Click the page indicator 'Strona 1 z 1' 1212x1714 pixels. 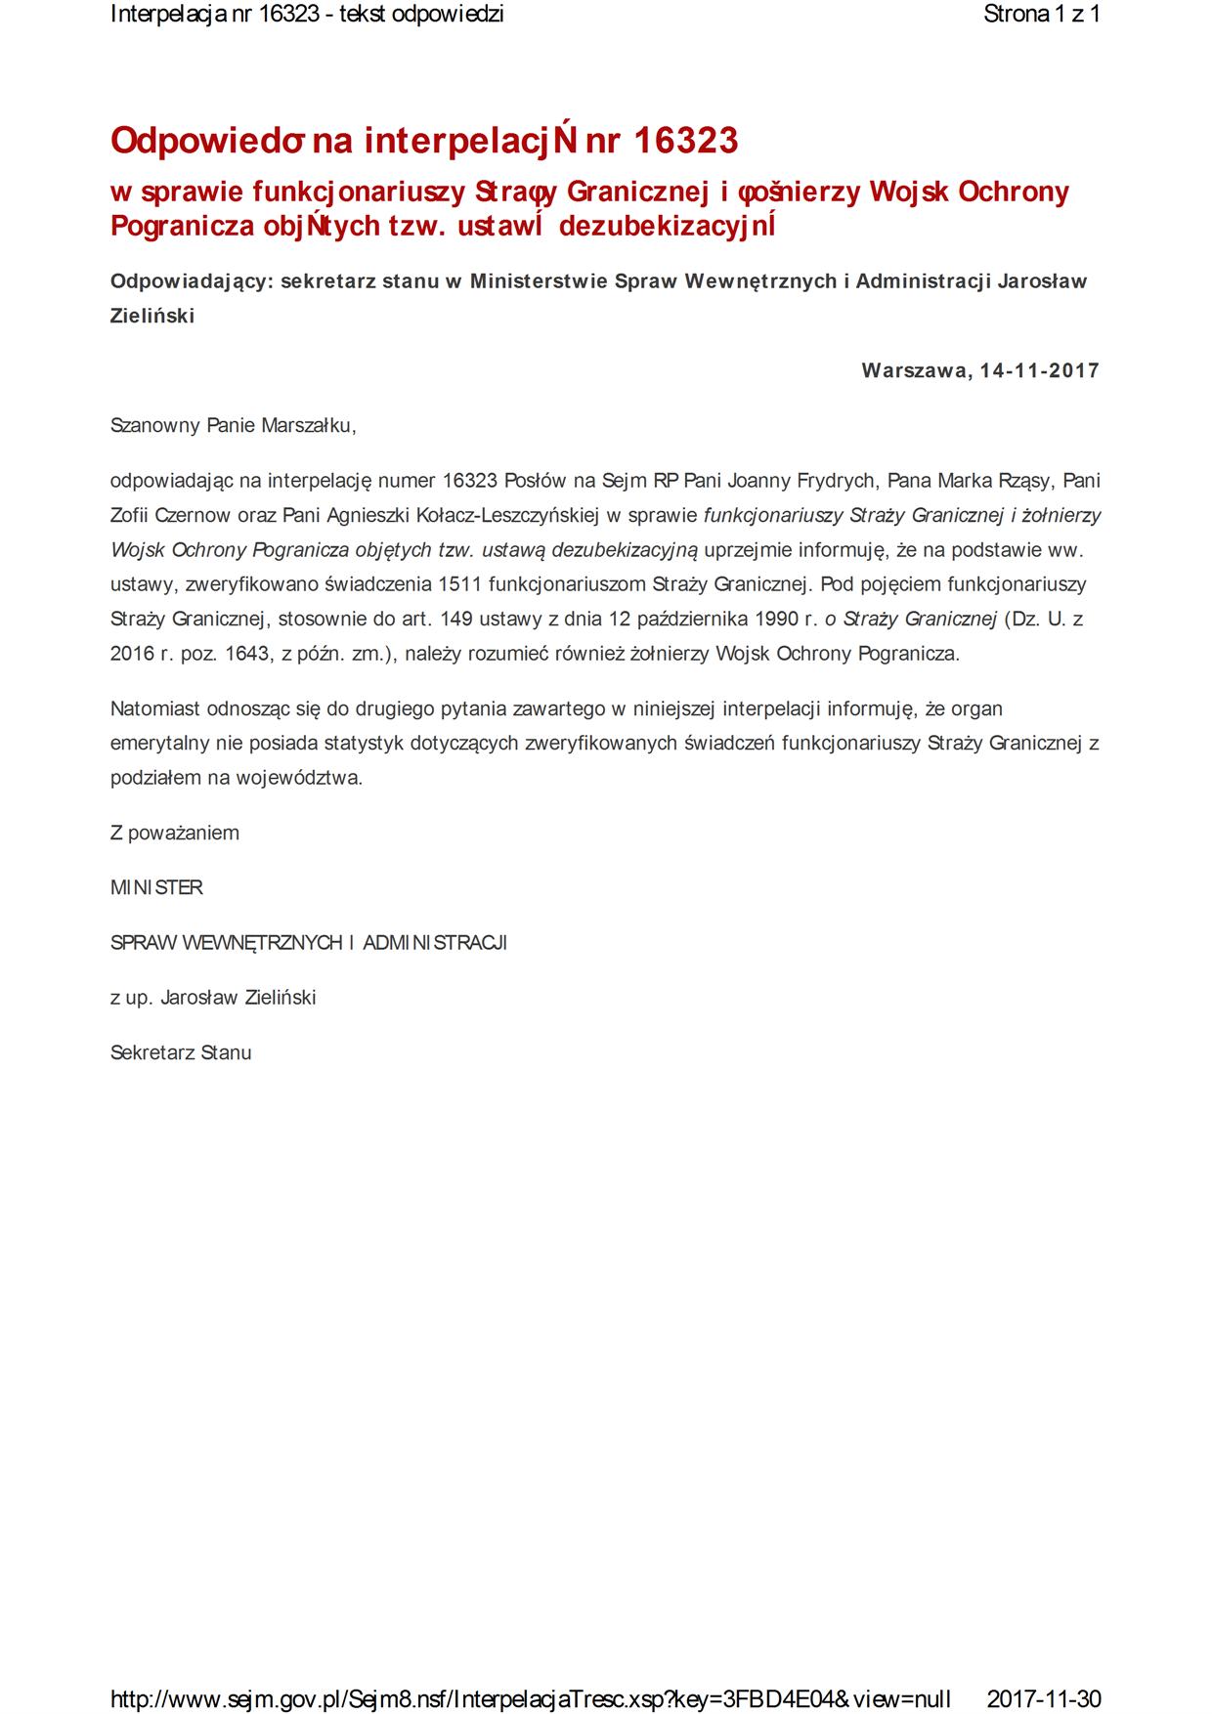[x=1042, y=15]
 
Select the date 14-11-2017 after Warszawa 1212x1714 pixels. [x=1040, y=370]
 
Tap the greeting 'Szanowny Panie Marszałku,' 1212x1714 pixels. [x=234, y=425]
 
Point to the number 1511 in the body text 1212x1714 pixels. [x=460, y=584]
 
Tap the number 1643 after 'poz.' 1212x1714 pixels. [x=248, y=654]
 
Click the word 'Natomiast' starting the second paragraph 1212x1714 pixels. [x=152, y=708]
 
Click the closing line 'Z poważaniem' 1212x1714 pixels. [x=175, y=833]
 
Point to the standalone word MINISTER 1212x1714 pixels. [x=156, y=887]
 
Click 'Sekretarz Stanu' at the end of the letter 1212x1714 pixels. [x=181, y=1052]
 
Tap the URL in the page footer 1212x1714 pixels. [x=530, y=1698]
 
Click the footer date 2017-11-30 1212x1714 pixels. [x=1044, y=1698]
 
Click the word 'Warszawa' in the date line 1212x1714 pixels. [x=916, y=370]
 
